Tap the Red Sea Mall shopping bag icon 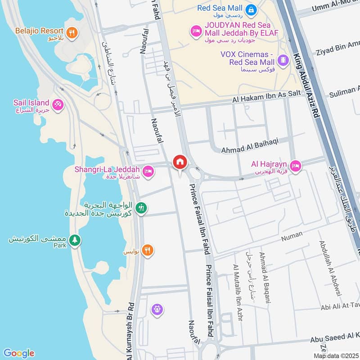tap(251, 9)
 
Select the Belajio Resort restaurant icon tap(72, 32)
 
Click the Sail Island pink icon tap(58, 105)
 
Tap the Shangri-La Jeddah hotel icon tap(148, 171)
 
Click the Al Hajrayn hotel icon tap(296, 166)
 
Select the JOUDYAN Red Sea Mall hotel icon tap(196, 30)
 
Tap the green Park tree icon tap(75, 240)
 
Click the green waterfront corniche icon tap(141, 208)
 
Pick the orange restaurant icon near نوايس tap(147, 250)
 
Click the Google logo tap(18, 353)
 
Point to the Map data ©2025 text tap(336, 356)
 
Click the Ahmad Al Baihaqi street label tap(250, 141)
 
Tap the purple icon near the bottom tap(157, 309)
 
